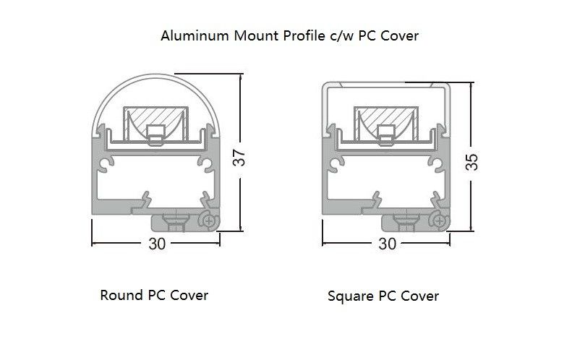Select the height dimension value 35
471,160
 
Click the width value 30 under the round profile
157,244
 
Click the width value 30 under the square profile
388,244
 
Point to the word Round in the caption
121,295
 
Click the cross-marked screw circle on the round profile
209,220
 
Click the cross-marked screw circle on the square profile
439,220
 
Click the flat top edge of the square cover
387,84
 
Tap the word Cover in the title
400,35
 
